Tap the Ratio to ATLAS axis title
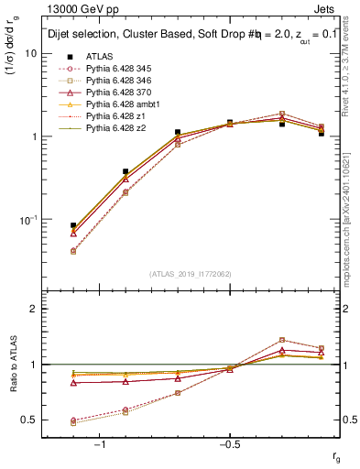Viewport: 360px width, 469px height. pos(12,365)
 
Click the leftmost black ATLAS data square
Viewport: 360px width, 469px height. pos(73,224)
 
